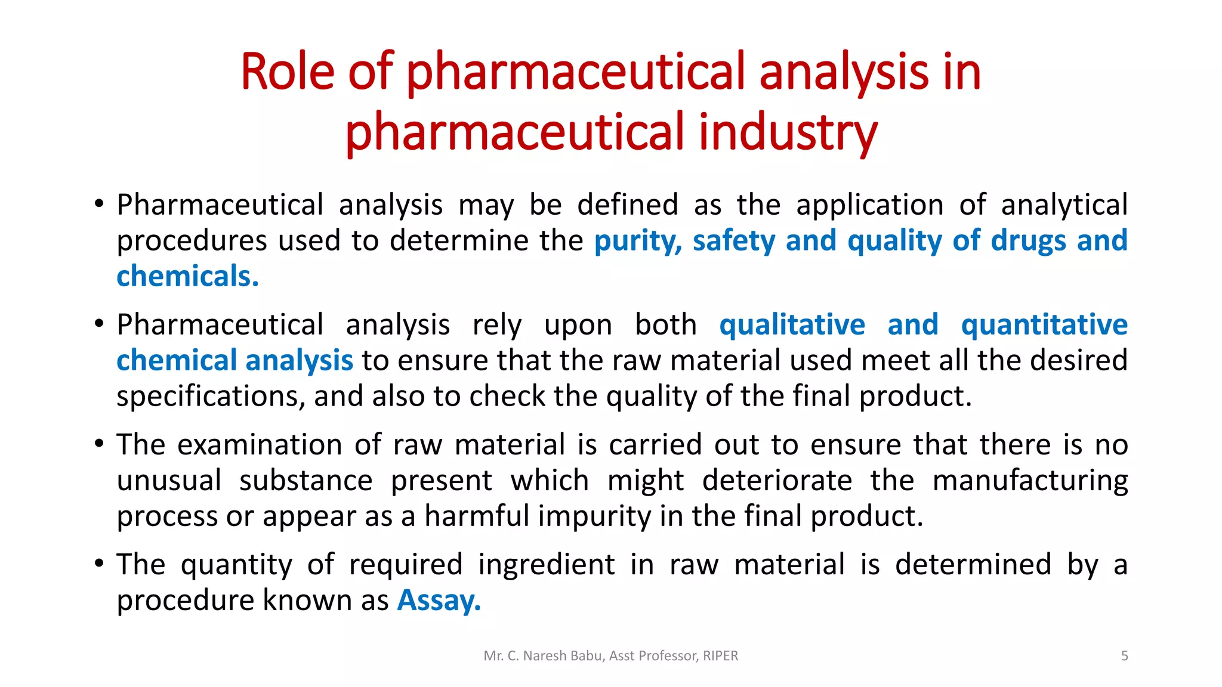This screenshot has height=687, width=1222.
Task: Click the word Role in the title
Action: pos(288,72)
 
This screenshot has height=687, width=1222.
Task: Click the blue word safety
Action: pos(733,241)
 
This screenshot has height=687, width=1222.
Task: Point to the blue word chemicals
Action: pos(187,277)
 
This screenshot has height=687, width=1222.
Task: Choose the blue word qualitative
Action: pos(792,325)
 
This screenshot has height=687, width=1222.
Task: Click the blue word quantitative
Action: pos(1044,325)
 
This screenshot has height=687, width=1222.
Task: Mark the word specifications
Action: pos(211,397)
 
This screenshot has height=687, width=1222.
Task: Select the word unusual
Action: pos(169,481)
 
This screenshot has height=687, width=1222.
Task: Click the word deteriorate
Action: pos(777,481)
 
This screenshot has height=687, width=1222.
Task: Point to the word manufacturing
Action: pos(1030,481)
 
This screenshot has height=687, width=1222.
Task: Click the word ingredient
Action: pos(546,565)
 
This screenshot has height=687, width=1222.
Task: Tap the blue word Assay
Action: pos(439,601)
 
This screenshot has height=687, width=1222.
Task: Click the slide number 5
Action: pos(1124,656)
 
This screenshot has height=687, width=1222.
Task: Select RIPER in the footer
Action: pos(720,656)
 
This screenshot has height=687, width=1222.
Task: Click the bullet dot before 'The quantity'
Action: pos(99,563)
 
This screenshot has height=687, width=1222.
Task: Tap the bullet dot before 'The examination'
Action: pos(99,443)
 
